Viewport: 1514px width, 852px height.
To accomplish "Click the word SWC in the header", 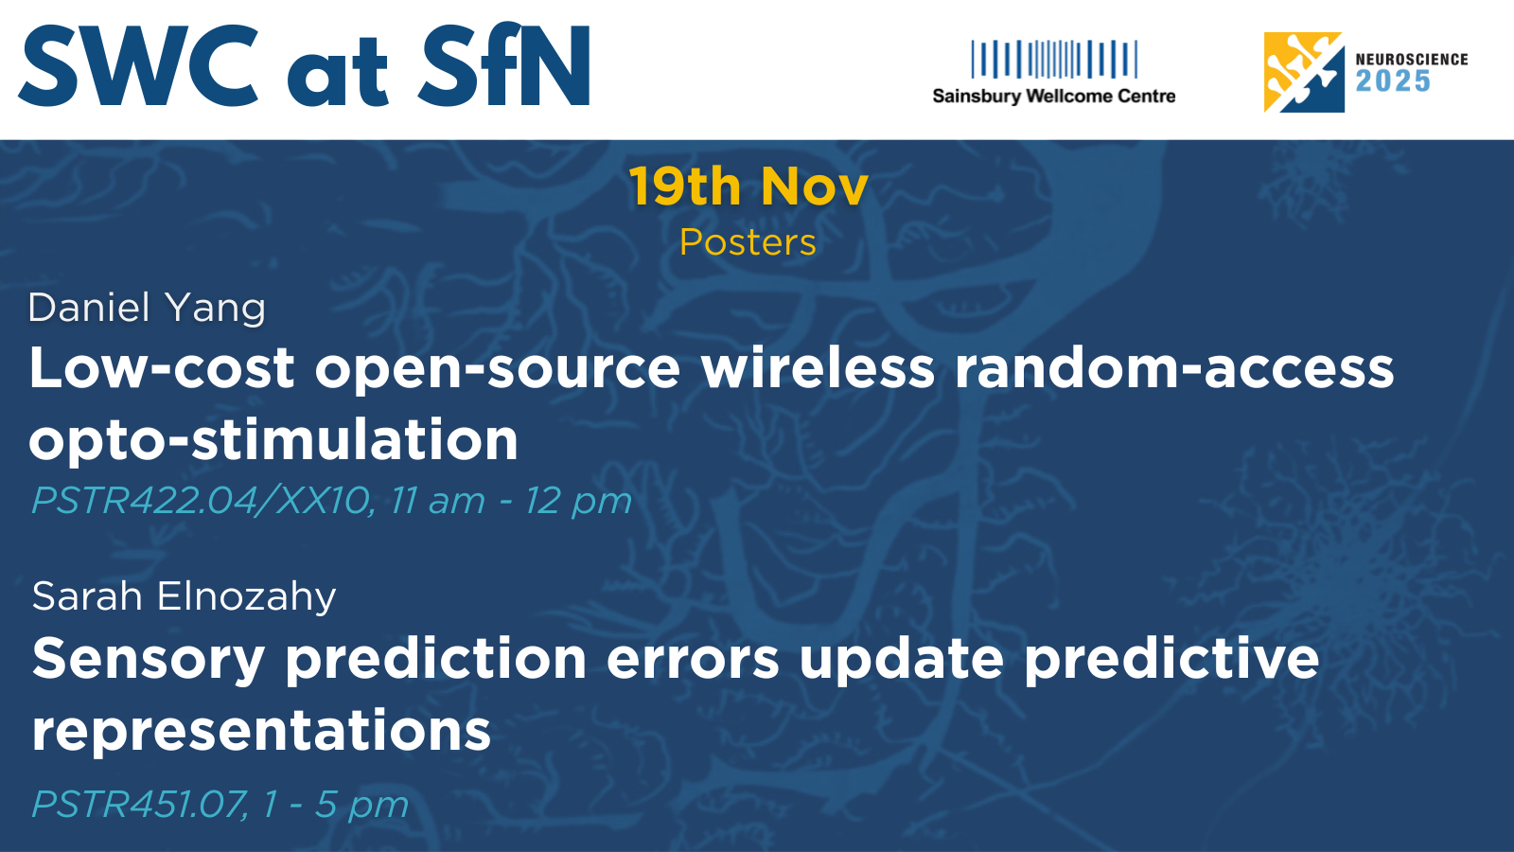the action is click(x=138, y=65).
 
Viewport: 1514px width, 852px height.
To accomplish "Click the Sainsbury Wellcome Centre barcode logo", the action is click(x=1054, y=59).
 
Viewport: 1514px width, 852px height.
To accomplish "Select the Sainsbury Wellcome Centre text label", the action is click(x=1054, y=96).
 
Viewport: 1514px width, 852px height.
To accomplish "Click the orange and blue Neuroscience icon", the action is click(x=1304, y=72).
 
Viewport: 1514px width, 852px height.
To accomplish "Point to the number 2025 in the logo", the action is click(x=1394, y=81).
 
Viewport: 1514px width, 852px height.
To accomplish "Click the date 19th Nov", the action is click(x=748, y=186).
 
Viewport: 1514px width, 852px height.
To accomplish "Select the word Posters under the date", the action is click(x=748, y=242).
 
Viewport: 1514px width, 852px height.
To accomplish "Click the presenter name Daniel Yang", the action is click(x=147, y=309).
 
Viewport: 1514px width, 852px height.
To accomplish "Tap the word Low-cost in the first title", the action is click(x=162, y=368).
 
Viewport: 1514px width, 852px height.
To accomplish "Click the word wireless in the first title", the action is click(x=818, y=368).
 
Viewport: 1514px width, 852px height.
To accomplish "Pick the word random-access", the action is click(x=1174, y=368).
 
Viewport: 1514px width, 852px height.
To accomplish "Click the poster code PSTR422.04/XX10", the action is click(x=202, y=501).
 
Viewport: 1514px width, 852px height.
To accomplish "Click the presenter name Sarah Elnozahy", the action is click(x=184, y=597).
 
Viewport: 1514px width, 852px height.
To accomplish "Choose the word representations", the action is click(x=261, y=732).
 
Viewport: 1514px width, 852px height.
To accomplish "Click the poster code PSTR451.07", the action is click(x=139, y=805).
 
